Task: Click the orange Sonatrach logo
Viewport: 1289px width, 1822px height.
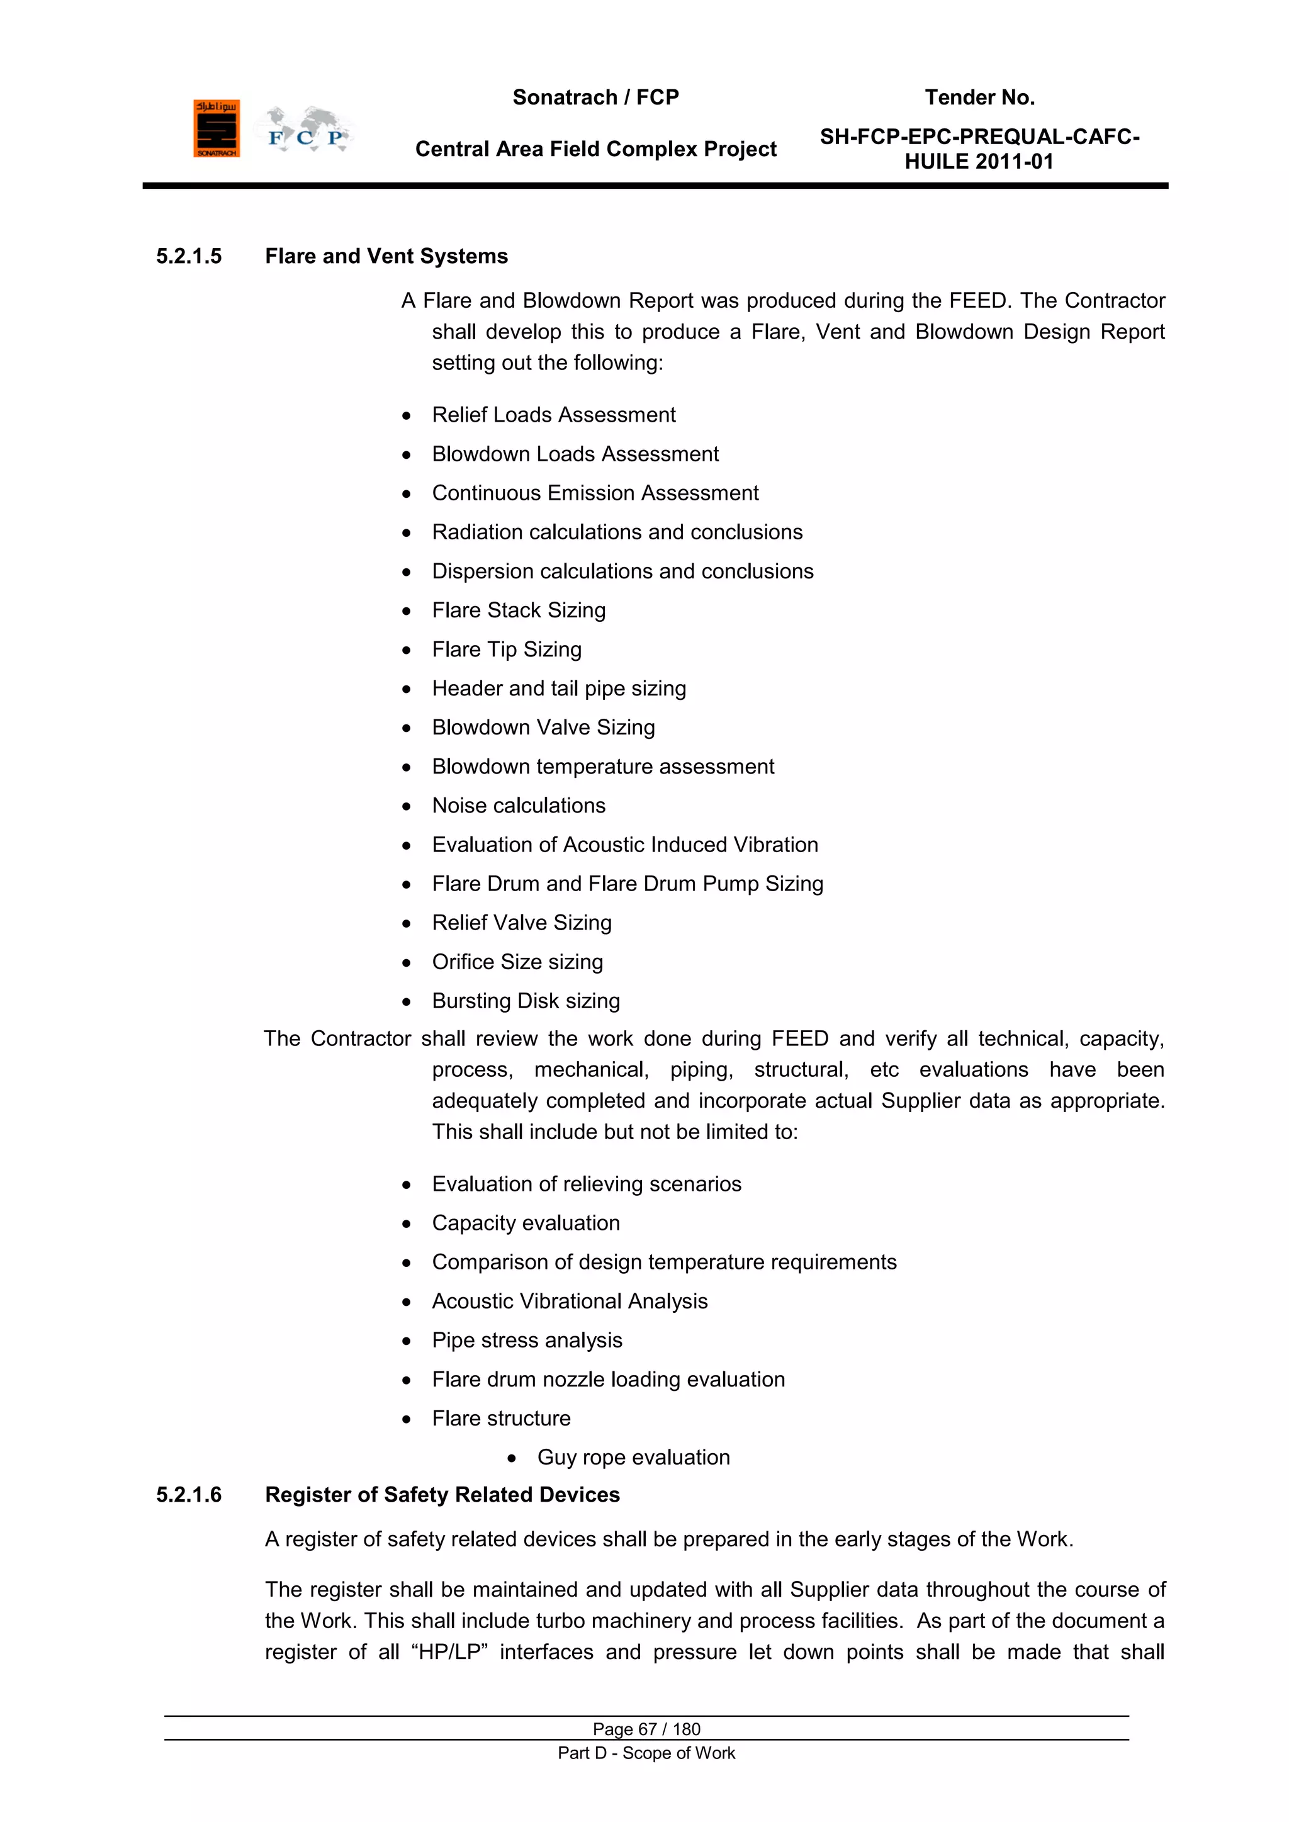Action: tap(216, 128)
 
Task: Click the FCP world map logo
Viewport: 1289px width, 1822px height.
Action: tap(305, 131)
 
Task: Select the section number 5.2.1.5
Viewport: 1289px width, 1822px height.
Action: tap(189, 256)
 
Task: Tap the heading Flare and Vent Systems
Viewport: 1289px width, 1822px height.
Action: tap(386, 256)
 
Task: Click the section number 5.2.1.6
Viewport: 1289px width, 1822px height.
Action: tap(189, 1495)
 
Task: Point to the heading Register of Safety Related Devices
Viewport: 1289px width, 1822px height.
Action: tap(442, 1495)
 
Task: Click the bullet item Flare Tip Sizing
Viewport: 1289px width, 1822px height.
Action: tap(507, 650)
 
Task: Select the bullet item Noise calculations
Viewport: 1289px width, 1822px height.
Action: tap(518, 806)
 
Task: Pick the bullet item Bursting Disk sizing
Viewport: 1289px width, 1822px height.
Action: tap(526, 1001)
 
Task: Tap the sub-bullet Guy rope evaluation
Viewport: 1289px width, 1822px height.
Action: tap(633, 1458)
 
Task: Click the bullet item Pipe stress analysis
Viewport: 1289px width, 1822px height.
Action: tap(527, 1341)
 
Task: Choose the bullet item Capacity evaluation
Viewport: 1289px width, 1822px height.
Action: tap(526, 1223)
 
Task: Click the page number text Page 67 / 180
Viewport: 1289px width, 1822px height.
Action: tap(646, 1729)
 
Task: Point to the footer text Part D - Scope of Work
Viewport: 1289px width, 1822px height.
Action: tap(646, 1753)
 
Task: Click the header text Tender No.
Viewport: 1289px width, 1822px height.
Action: tap(979, 98)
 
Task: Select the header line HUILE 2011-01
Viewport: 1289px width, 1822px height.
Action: tap(979, 162)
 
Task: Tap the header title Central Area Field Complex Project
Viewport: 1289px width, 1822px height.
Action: tap(595, 149)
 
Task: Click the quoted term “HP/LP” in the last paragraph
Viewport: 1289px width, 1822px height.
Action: tap(449, 1652)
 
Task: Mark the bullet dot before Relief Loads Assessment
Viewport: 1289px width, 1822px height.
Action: tap(407, 416)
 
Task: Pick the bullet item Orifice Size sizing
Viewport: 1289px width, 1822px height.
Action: tap(517, 962)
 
